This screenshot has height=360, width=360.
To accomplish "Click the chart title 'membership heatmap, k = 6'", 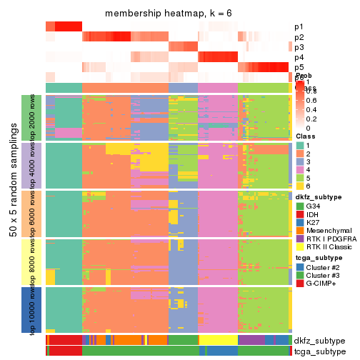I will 169,14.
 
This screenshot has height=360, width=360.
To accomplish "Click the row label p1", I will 299,27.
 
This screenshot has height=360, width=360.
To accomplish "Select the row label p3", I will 299,47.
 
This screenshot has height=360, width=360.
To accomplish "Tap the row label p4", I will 299,57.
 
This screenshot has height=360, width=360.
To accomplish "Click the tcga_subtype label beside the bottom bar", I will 319,351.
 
